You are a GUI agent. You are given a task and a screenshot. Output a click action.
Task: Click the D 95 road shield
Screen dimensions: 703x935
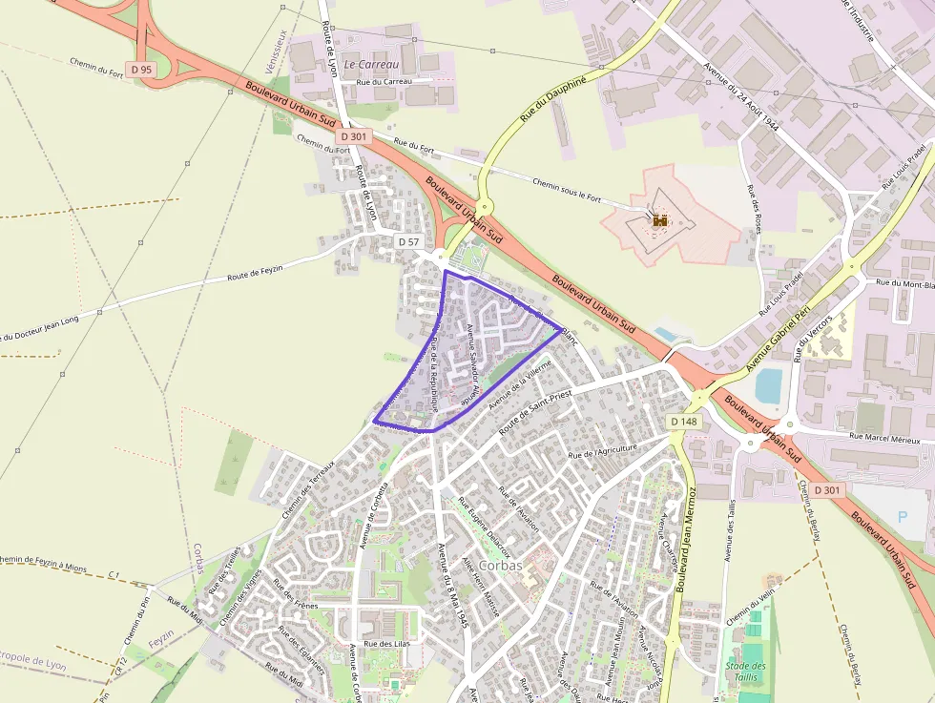[141, 70]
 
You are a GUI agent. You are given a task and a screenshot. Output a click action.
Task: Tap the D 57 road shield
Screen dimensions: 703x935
[408, 242]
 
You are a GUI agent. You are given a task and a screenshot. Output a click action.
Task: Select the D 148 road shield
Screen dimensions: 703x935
[684, 422]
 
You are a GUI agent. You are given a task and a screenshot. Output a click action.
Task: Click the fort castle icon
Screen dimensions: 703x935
[659, 219]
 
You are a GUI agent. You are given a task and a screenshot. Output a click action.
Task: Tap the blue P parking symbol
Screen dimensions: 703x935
[904, 517]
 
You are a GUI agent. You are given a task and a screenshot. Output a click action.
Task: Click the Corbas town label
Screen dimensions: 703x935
[501, 565]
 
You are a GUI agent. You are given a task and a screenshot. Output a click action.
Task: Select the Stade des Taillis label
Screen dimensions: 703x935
[745, 672]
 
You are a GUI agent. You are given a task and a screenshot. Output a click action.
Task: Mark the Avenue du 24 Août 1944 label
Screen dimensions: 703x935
[741, 99]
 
